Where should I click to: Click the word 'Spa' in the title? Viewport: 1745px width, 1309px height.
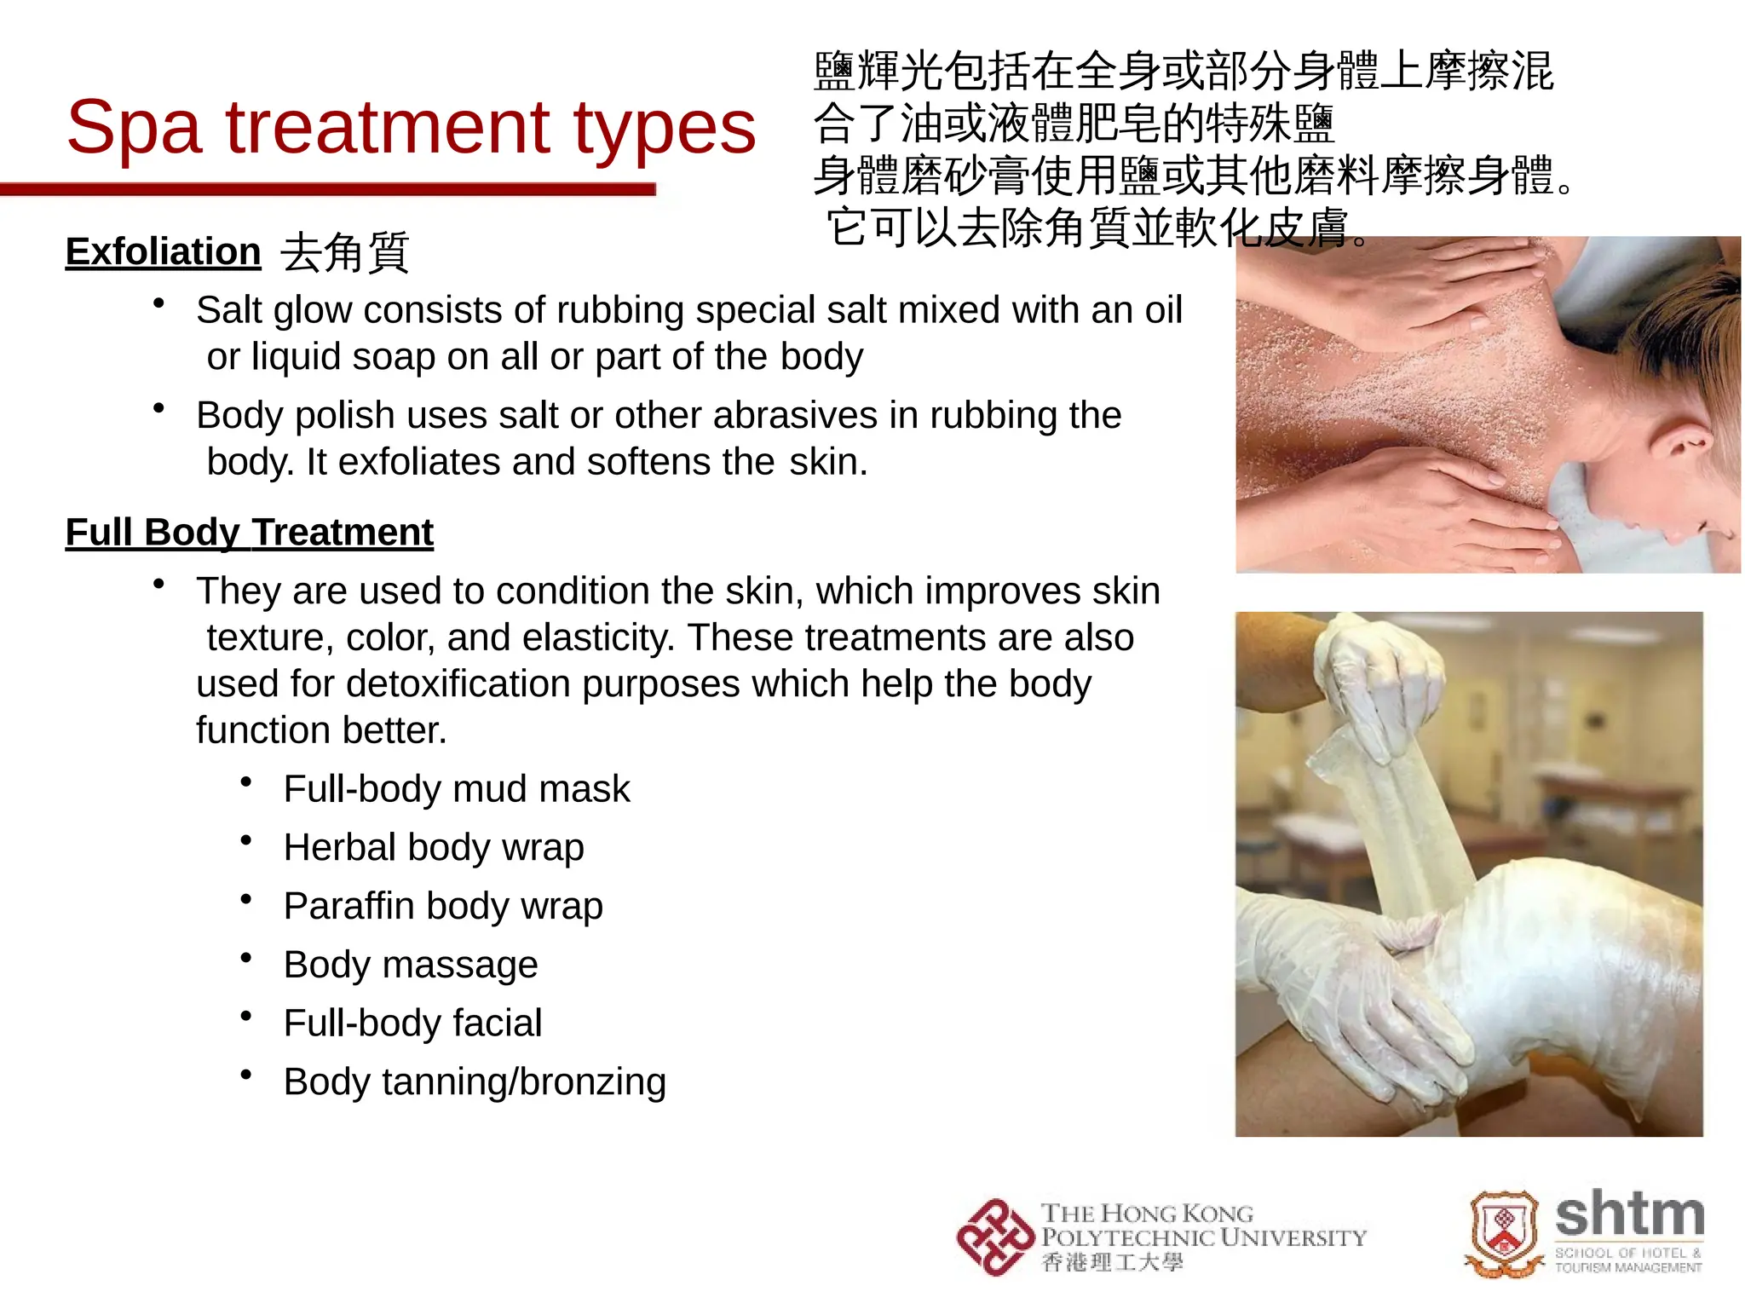click(135, 128)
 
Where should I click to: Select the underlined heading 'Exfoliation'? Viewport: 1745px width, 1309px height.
click(163, 252)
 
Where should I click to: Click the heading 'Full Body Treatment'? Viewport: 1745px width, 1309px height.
click(250, 533)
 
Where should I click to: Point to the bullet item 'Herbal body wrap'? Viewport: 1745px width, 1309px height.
click(434, 848)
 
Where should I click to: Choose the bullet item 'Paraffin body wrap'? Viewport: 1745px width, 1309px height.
click(443, 906)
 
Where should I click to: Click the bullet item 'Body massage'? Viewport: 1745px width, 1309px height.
click(411, 965)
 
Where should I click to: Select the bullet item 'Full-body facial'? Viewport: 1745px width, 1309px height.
click(412, 1023)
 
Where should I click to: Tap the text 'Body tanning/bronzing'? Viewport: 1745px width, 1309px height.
click(475, 1081)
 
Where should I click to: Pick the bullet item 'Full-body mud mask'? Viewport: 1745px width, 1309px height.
click(457, 789)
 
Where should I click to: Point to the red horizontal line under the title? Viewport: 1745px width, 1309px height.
click(328, 189)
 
